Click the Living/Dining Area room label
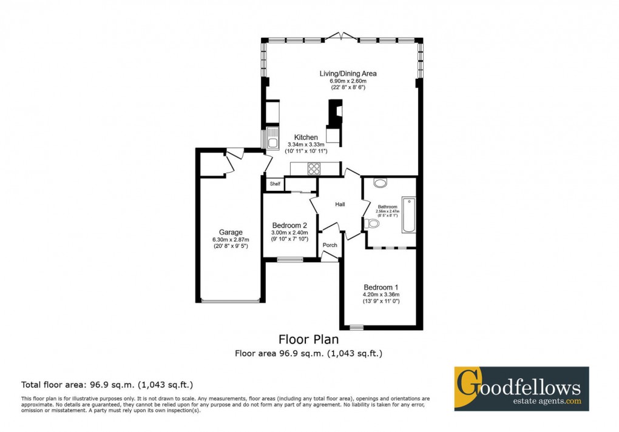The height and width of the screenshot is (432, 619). [343, 73]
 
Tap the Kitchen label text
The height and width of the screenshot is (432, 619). [306, 138]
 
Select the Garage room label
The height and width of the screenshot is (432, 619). [231, 232]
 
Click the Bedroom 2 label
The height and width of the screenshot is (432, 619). [289, 225]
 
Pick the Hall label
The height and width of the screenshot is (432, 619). [340, 205]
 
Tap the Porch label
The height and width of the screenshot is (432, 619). [330, 245]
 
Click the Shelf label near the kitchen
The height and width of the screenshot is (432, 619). [275, 184]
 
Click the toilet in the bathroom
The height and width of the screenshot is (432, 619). [372, 224]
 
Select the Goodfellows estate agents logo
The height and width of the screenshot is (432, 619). [521, 388]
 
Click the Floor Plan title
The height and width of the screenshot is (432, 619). [308, 339]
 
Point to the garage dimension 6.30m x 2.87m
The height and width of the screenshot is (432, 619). [231, 239]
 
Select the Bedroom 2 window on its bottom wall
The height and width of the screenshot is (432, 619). [289, 260]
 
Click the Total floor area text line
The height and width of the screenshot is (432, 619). [107, 384]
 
